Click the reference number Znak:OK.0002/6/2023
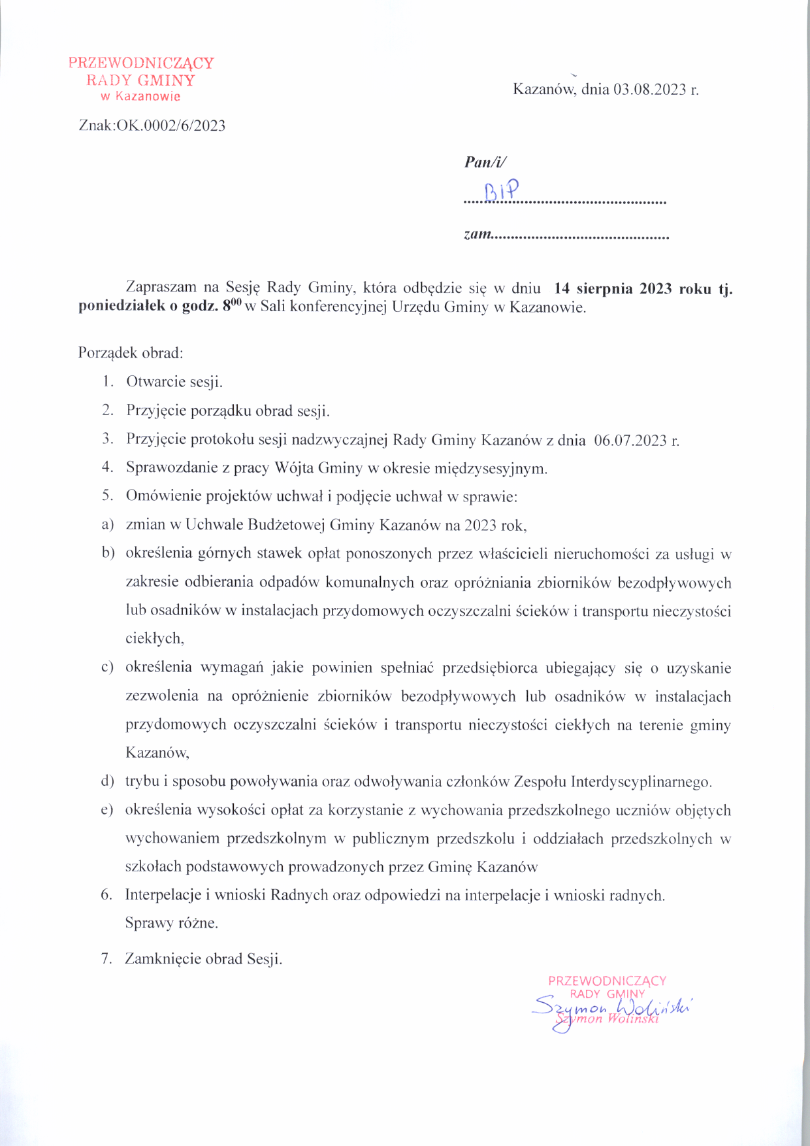click(x=152, y=126)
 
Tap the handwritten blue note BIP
click(x=502, y=191)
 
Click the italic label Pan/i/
click(x=485, y=162)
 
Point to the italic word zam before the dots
click(x=477, y=234)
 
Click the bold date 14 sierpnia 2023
click(x=613, y=289)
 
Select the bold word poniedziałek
click(x=121, y=307)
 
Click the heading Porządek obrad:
click(x=131, y=353)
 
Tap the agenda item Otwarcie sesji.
click(x=174, y=382)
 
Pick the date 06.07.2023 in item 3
click(x=630, y=440)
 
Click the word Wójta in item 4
click(x=294, y=468)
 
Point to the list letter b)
click(x=108, y=554)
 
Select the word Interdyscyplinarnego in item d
click(x=641, y=782)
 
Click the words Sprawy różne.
click(x=171, y=923)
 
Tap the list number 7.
click(x=106, y=959)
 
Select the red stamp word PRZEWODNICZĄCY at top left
click(x=141, y=63)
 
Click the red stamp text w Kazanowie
click(x=140, y=97)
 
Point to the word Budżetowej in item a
click(x=291, y=525)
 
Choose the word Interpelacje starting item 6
click(x=163, y=895)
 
